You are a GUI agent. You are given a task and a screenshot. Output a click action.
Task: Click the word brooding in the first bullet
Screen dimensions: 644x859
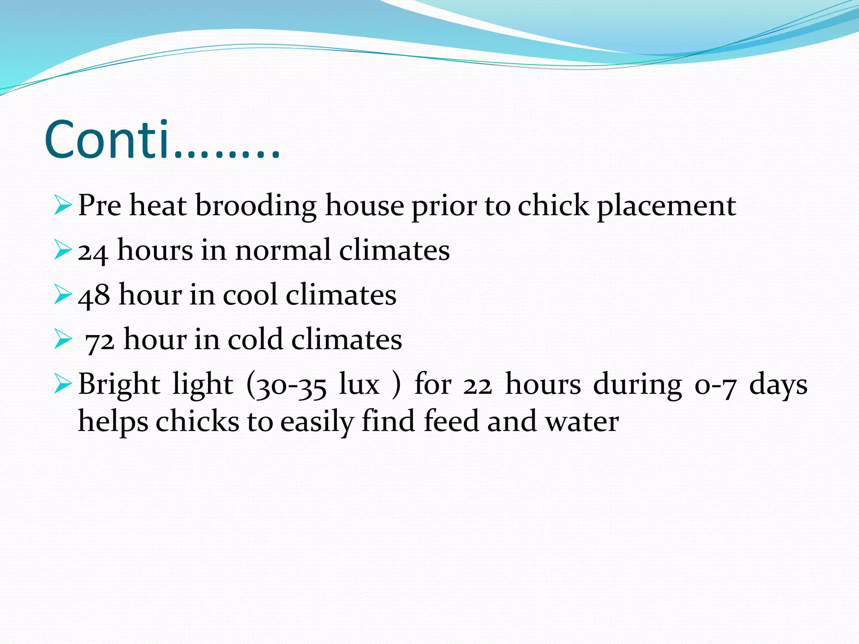[256, 206]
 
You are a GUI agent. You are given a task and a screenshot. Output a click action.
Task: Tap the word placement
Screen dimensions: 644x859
[666, 206]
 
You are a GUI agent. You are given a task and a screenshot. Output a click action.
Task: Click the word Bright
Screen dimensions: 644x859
[119, 385]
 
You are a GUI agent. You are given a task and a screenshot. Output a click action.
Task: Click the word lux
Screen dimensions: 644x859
[359, 385]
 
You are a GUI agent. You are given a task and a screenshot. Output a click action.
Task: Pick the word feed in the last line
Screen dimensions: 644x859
[451, 421]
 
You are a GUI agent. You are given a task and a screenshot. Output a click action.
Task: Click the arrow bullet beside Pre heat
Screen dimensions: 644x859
[63, 206]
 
